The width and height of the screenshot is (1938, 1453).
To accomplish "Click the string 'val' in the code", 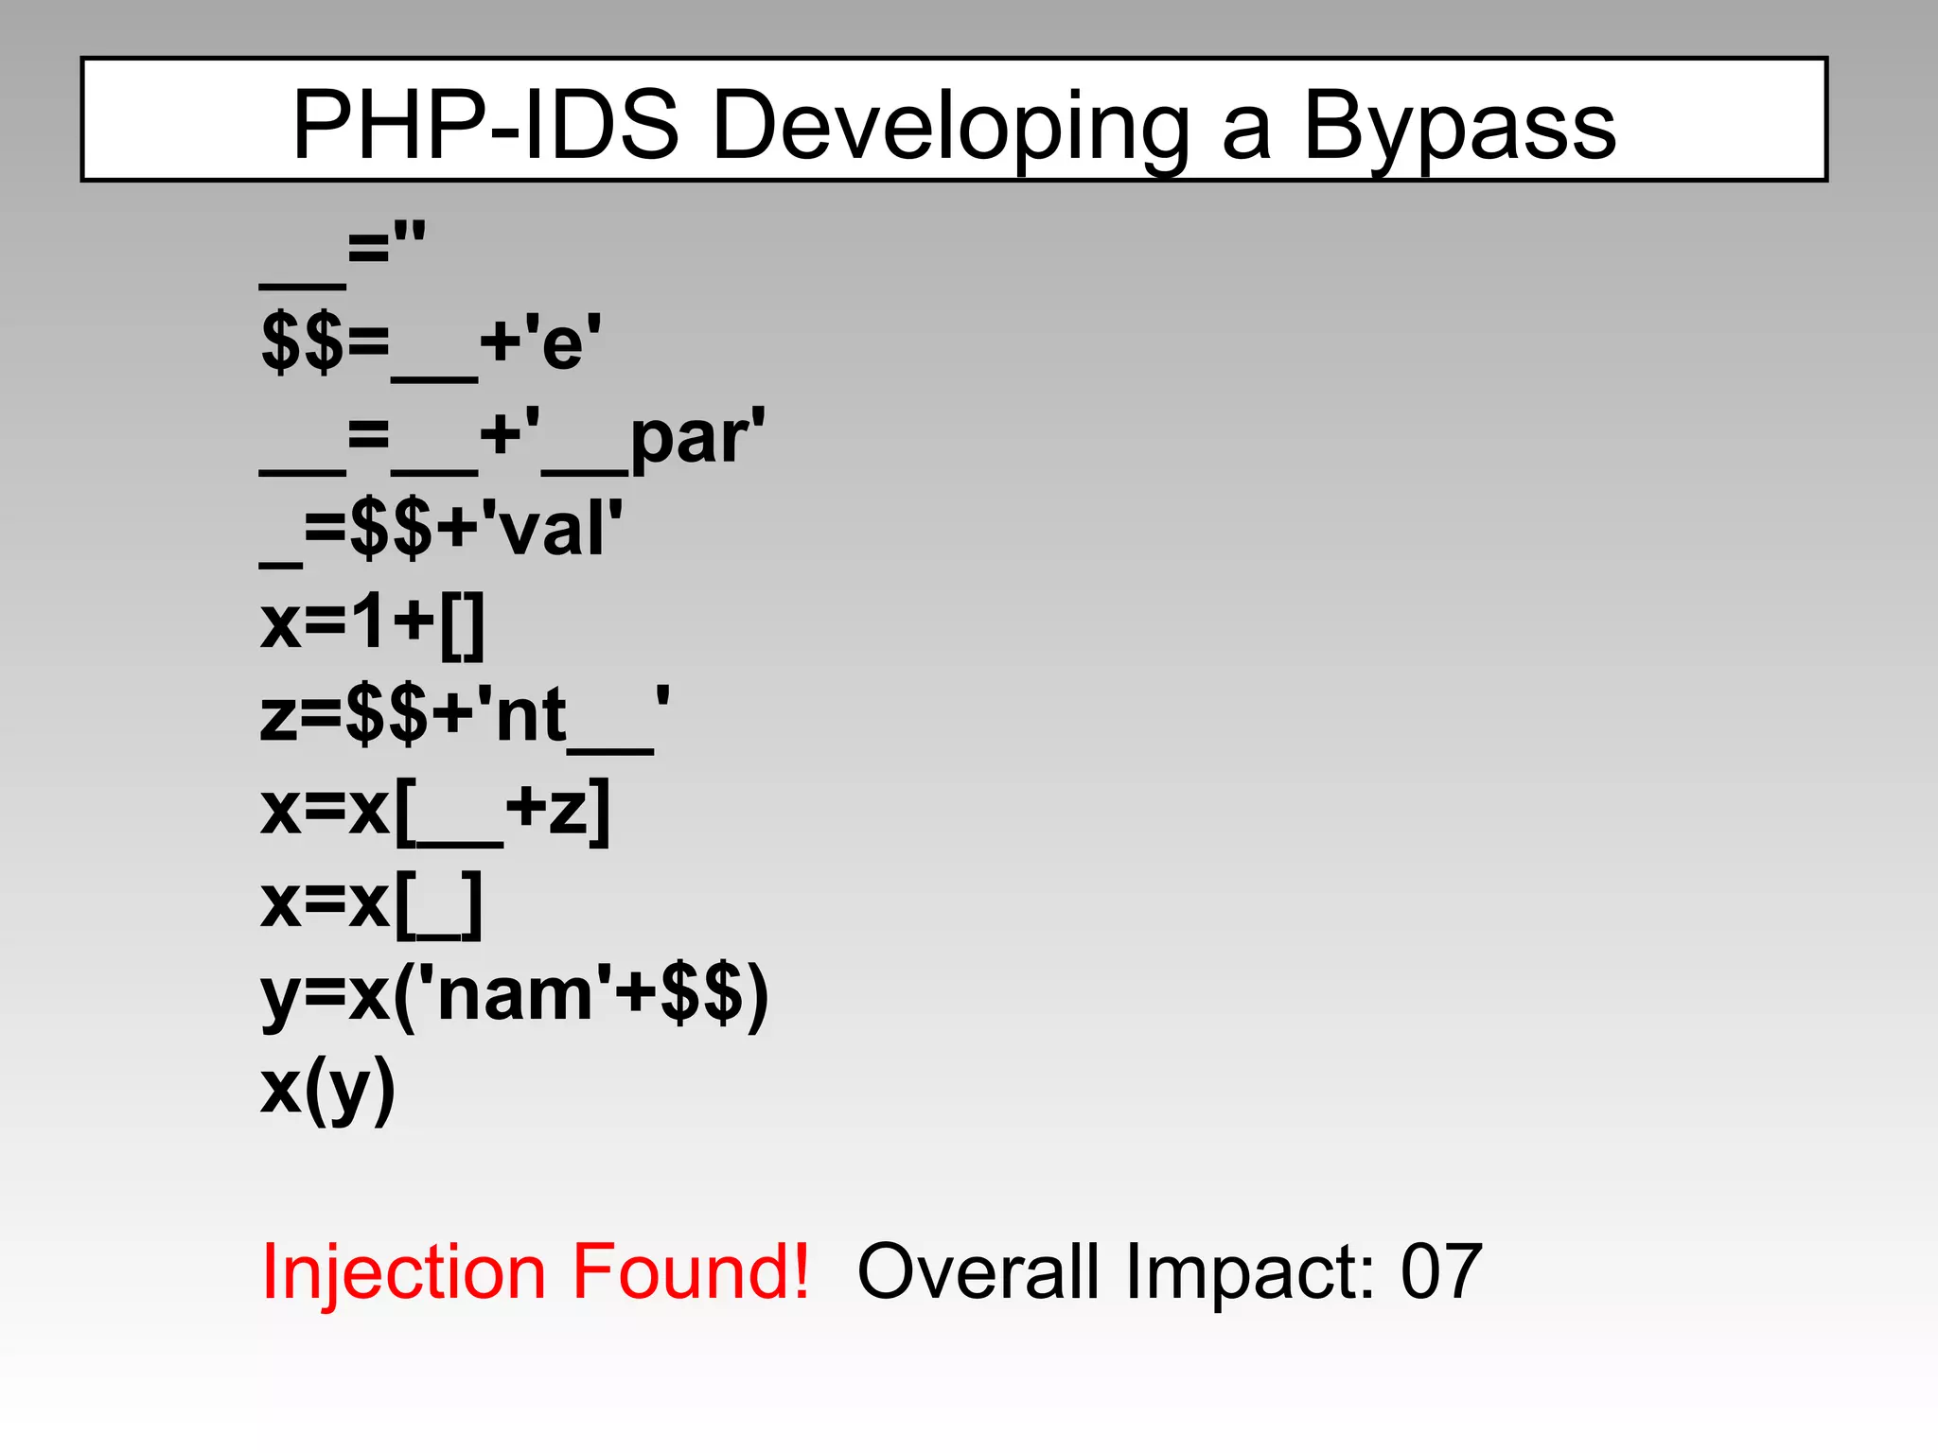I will [552, 528].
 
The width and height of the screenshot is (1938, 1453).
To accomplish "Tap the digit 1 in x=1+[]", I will [371, 622].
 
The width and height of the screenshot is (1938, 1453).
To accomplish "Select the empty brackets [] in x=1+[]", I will [463, 625].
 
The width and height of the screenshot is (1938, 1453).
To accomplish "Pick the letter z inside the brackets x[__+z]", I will [569, 811].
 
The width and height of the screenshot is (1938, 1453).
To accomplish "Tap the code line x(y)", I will [327, 1089].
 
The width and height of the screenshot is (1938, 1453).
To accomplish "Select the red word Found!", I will [691, 1270].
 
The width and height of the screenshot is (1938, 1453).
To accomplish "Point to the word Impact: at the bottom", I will [1249, 1270].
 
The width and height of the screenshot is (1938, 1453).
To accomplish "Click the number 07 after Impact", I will [1440, 1270].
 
